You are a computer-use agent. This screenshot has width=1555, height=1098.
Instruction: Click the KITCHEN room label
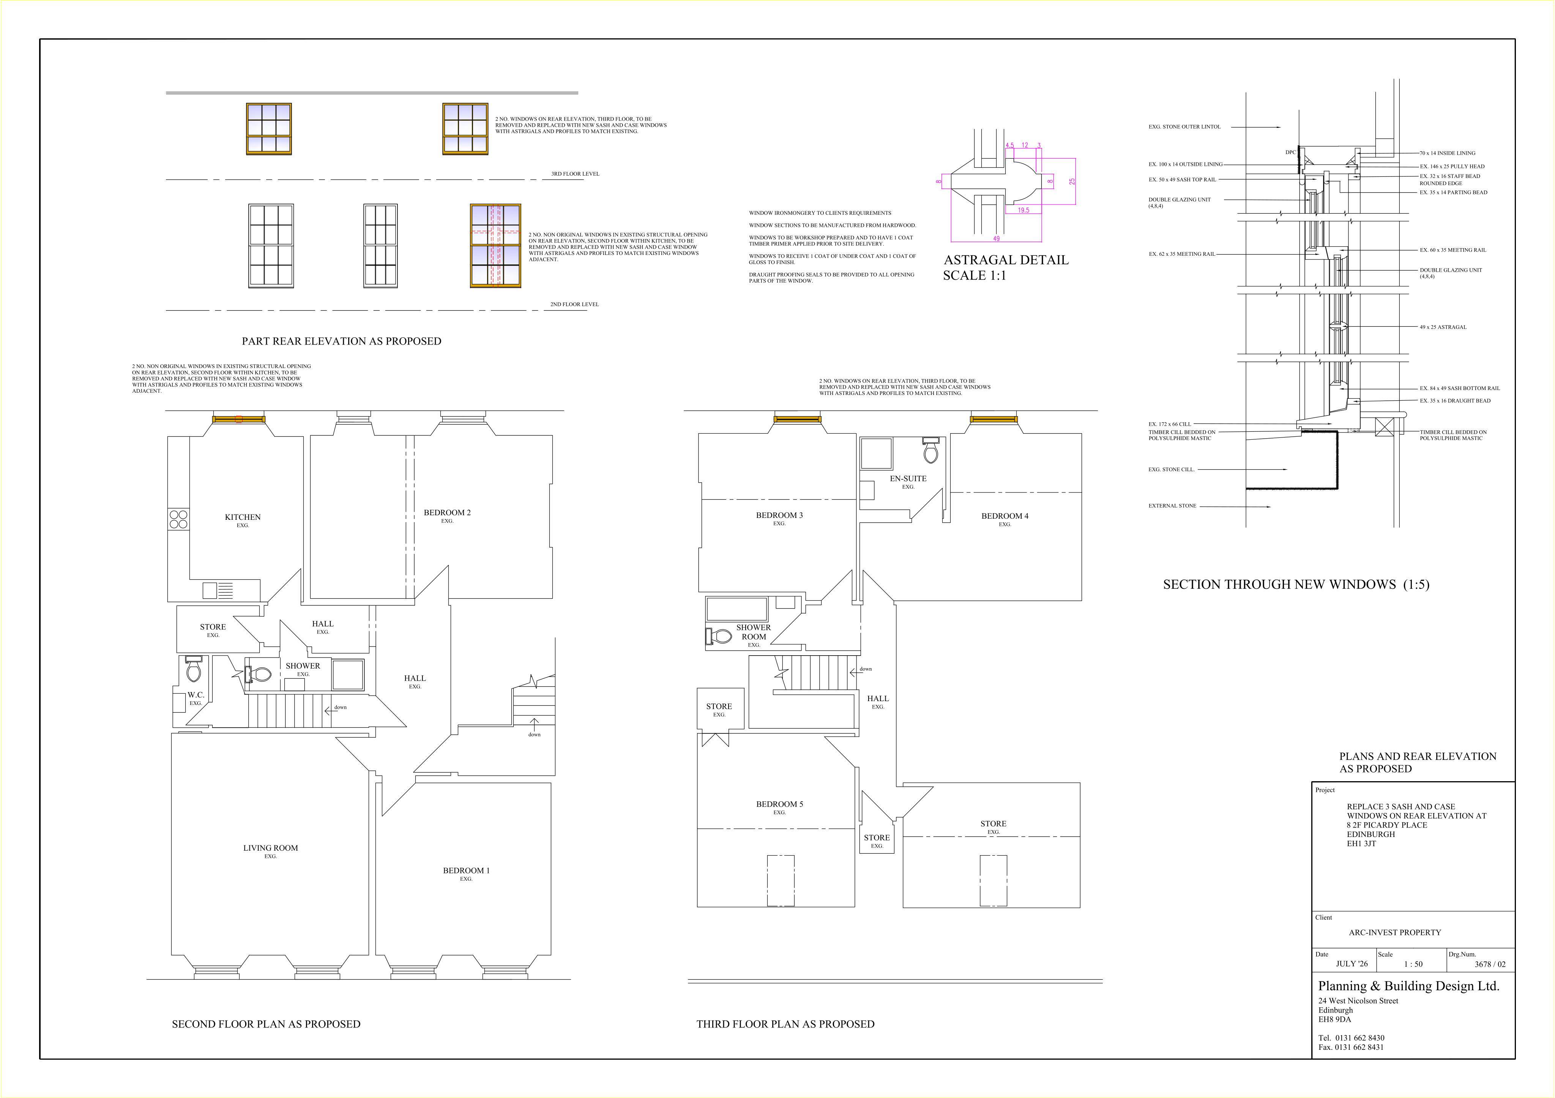click(243, 517)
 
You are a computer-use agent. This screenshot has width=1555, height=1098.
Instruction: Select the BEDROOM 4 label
click(1005, 516)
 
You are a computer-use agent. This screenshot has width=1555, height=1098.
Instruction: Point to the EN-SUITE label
click(908, 478)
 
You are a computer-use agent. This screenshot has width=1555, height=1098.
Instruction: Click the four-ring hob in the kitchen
click(179, 519)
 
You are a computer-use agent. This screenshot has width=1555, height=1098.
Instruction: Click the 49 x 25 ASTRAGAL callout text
click(1443, 327)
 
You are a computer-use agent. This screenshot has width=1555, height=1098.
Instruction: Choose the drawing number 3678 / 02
click(1490, 964)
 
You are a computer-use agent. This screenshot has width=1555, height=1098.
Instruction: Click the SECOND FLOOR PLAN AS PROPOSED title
click(266, 1024)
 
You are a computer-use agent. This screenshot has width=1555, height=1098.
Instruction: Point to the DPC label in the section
click(1290, 152)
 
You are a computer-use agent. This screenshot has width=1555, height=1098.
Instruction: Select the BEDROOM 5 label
click(779, 804)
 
